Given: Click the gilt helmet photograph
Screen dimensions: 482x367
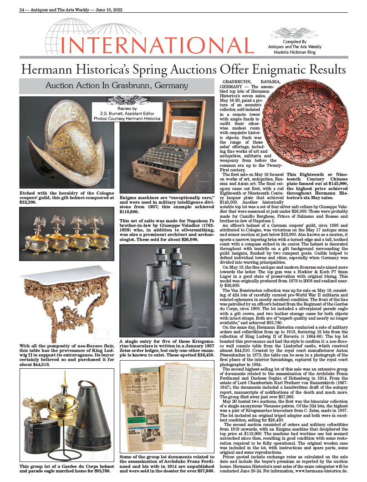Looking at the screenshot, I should (68, 143).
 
